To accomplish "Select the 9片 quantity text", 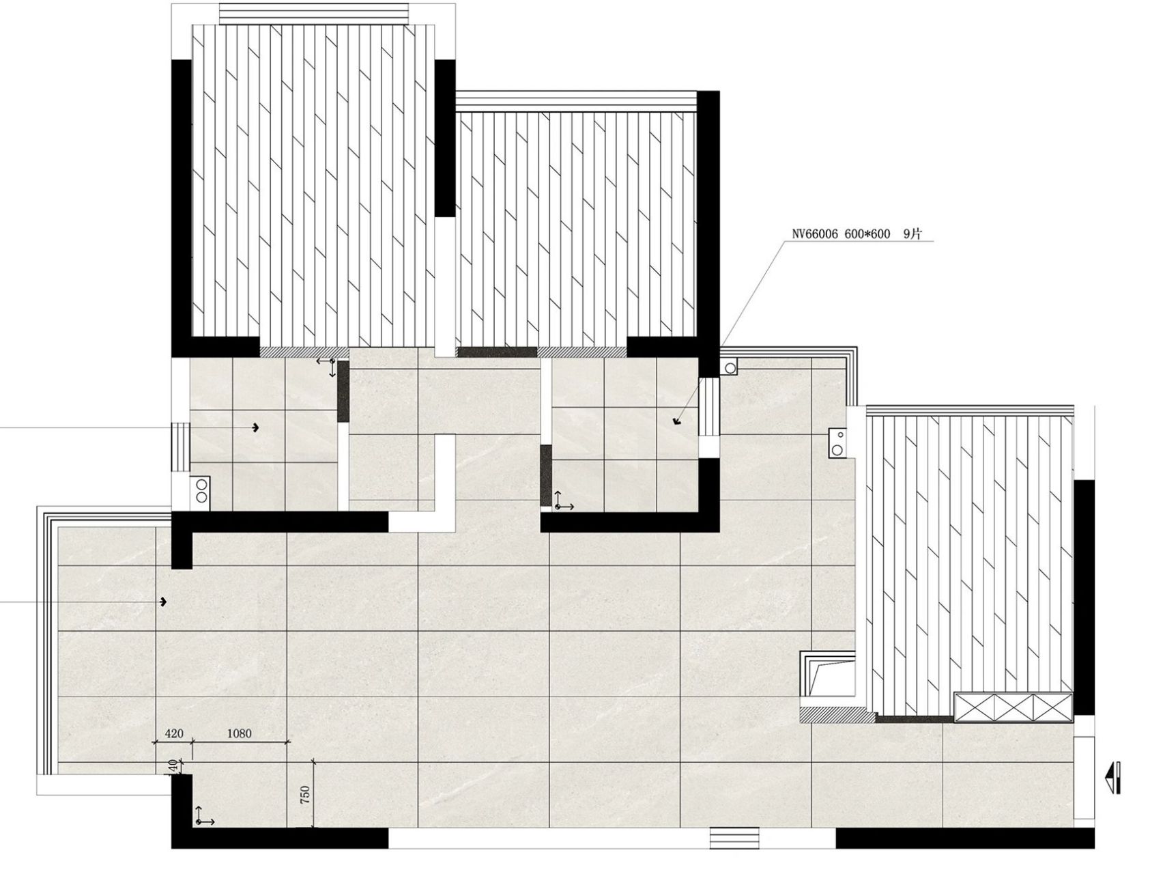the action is (912, 234).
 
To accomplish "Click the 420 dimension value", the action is (174, 734).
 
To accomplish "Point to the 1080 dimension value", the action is (239, 734).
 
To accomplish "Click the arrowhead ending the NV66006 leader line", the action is (677, 421).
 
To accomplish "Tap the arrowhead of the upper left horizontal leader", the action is (257, 427).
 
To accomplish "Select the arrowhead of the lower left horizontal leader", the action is (164, 602).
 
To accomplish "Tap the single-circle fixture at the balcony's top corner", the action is (730, 367).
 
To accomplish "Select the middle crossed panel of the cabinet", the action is (1014, 705).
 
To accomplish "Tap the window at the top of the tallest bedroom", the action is (313, 13).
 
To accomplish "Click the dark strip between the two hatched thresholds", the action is (497, 352).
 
